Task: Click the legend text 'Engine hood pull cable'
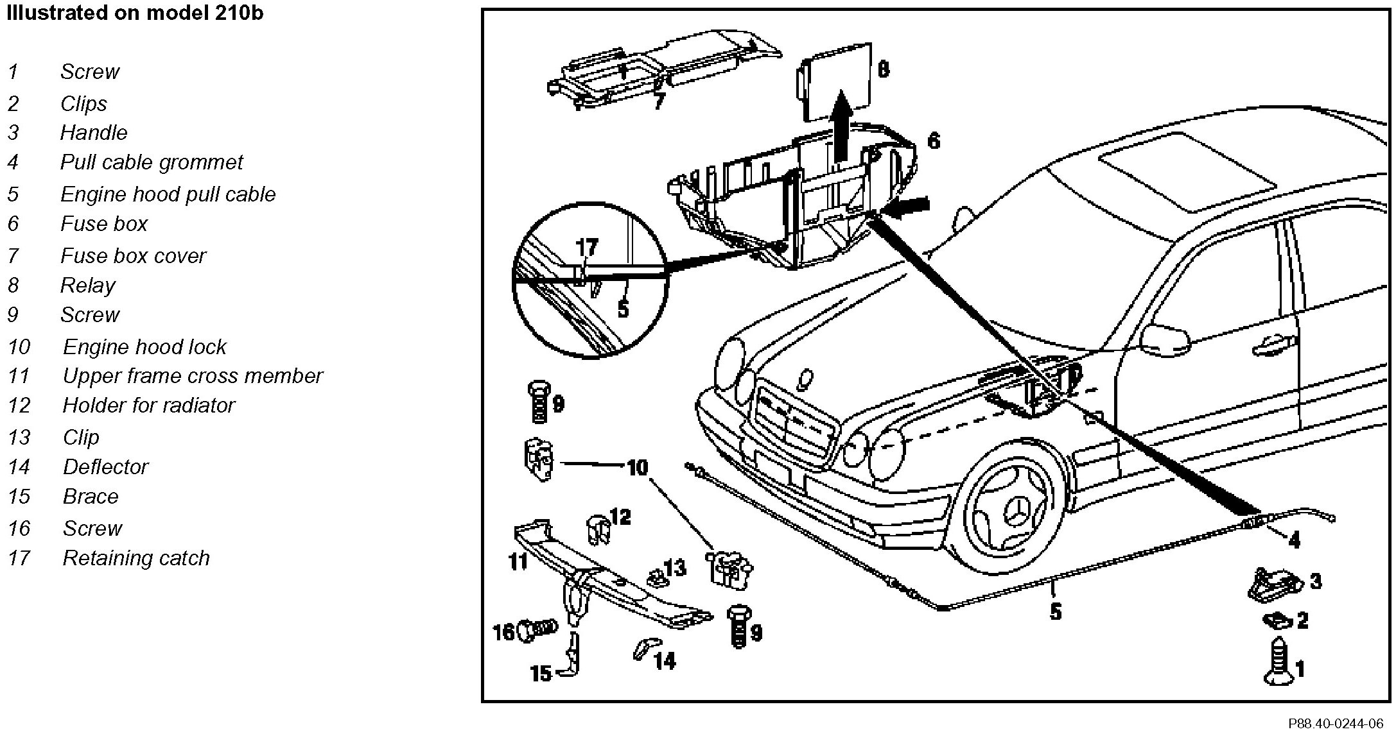168,194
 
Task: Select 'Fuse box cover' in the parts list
133,256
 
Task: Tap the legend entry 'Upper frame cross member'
192,376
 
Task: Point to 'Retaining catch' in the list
135,558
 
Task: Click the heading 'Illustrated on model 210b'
135,13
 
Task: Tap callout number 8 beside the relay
884,69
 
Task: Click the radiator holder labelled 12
598,529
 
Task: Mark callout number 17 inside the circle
586,247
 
